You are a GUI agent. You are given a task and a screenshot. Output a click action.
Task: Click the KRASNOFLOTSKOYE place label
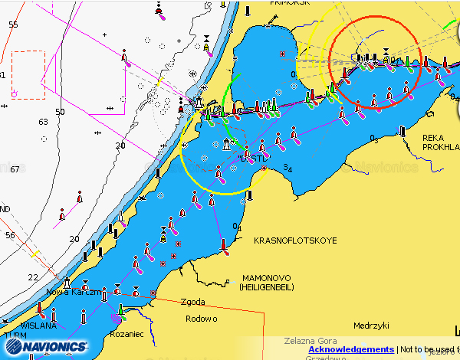click(x=295, y=241)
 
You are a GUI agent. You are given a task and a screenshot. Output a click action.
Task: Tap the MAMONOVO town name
click(x=269, y=277)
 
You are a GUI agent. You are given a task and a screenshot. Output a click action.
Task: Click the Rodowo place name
click(x=201, y=319)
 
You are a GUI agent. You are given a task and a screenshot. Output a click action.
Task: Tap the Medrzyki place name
click(x=368, y=324)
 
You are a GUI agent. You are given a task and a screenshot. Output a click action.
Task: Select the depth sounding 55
click(x=13, y=25)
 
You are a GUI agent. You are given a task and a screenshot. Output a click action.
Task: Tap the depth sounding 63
click(x=42, y=122)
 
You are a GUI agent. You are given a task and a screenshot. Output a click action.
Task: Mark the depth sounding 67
click(x=13, y=169)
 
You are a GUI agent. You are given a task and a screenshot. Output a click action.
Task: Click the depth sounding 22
click(x=32, y=277)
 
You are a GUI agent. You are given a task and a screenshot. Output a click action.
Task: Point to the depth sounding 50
click(x=60, y=112)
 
